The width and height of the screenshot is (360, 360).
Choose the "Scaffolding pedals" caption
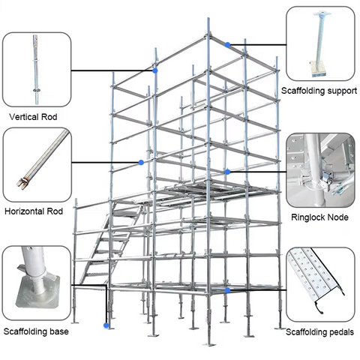pyautogui.click(x=320, y=331)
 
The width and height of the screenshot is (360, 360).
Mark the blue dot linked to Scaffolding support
pyautogui.click(x=227, y=44)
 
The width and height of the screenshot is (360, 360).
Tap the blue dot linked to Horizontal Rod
pyautogui.click(x=140, y=162)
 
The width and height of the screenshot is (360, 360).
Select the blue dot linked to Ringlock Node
pyautogui.click(x=227, y=172)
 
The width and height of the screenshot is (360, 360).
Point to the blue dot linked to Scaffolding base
pyautogui.click(x=107, y=325)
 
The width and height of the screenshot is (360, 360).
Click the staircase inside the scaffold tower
pyautogui.click(x=112, y=247)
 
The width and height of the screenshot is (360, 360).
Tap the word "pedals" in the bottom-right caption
pyautogui.click(x=340, y=331)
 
